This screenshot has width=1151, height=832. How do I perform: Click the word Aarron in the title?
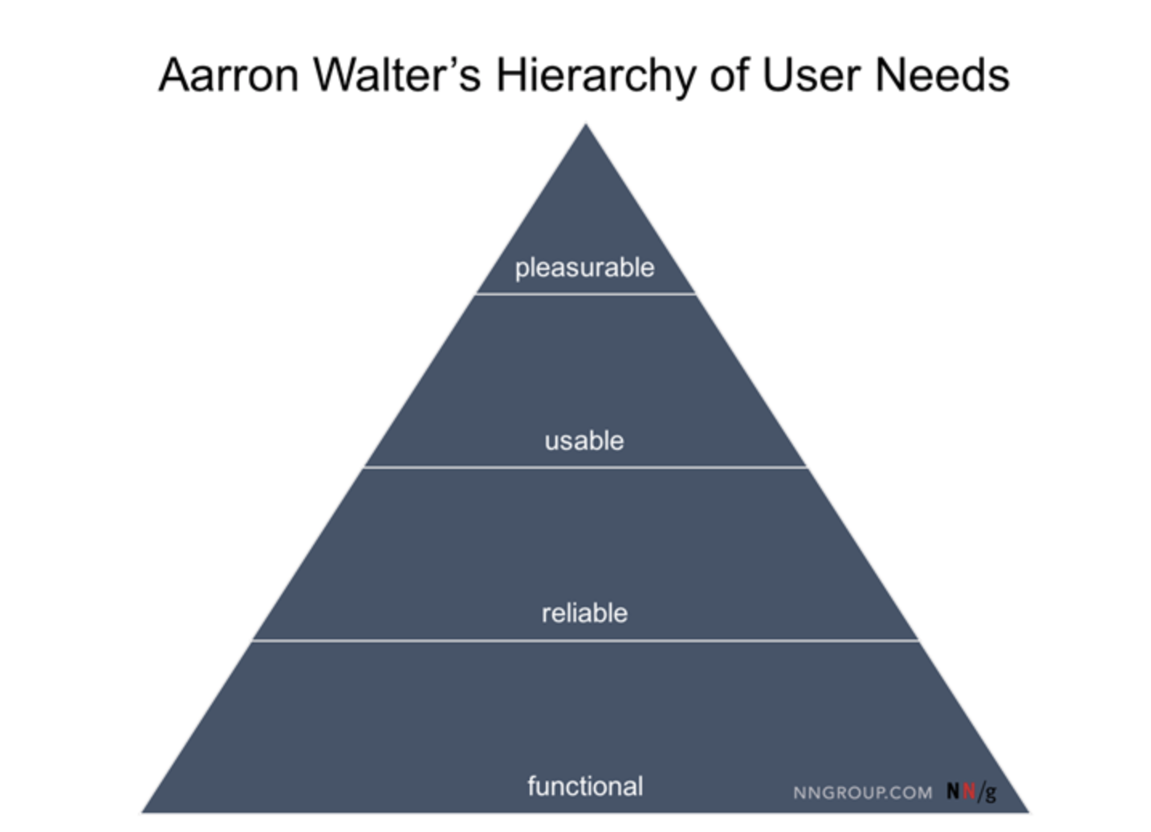228,75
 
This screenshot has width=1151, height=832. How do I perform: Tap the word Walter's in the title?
397,75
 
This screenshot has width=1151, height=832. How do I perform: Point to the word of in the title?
728,75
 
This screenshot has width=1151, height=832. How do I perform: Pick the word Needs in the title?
942,75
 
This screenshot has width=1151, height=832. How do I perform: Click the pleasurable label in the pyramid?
584,267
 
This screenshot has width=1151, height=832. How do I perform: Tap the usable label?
584,440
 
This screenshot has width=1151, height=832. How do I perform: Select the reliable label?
584,613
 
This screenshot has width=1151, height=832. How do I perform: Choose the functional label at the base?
585,785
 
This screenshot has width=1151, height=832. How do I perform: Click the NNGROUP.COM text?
863,793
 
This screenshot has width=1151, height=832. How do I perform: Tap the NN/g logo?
971,792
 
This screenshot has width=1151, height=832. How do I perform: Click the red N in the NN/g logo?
969,791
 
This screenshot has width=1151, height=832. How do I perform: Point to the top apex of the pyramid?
586,127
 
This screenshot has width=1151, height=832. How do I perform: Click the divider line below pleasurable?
586,294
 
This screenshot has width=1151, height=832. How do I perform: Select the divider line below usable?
586,467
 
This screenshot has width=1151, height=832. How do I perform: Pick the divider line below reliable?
586,640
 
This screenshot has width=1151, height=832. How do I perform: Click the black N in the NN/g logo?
953,791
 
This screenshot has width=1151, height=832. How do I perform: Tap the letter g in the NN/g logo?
990,793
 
